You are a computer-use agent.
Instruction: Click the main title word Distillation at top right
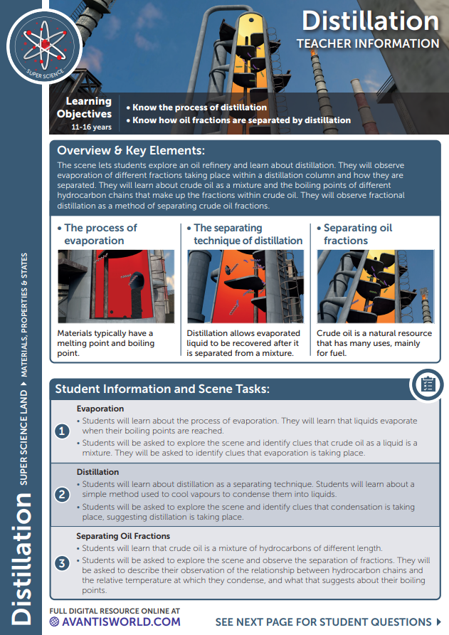pyautogui.click(x=370, y=21)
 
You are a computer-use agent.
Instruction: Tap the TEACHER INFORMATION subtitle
pyautogui.click(x=368, y=44)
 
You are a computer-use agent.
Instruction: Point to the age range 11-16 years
pyautogui.click(x=91, y=127)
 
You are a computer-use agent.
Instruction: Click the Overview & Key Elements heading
pyautogui.click(x=131, y=150)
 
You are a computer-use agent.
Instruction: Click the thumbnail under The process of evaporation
pyautogui.click(x=116, y=286)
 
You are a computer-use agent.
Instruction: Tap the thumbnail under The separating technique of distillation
pyautogui.click(x=245, y=286)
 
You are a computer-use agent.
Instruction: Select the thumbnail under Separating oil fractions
pyautogui.click(x=375, y=286)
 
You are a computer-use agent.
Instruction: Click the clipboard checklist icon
pyautogui.click(x=428, y=384)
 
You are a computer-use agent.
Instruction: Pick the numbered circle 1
pyautogui.click(x=62, y=432)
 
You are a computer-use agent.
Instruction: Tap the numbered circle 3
pyautogui.click(x=62, y=562)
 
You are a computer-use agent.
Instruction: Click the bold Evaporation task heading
pyautogui.click(x=100, y=409)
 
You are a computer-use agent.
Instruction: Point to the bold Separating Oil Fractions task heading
pyautogui.click(x=123, y=536)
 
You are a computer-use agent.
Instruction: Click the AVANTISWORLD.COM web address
pyautogui.click(x=115, y=621)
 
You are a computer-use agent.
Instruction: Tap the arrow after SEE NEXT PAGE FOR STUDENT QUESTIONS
pyautogui.click(x=438, y=621)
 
